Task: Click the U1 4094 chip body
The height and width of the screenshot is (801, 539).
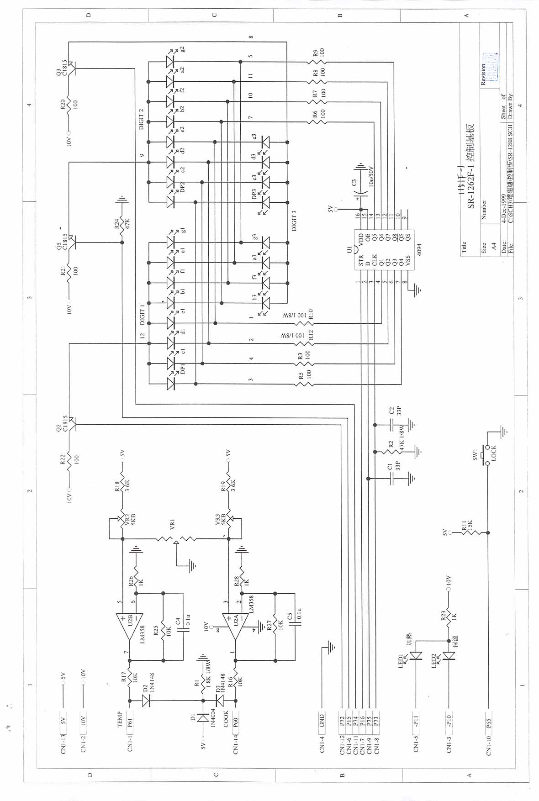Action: coord(384,249)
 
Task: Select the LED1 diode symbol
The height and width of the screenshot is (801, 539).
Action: coord(415,656)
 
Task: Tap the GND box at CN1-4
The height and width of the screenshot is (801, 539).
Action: coord(322,721)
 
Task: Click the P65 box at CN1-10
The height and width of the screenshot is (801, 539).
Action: coord(488,723)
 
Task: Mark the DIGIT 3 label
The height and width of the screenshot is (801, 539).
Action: coord(294,220)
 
